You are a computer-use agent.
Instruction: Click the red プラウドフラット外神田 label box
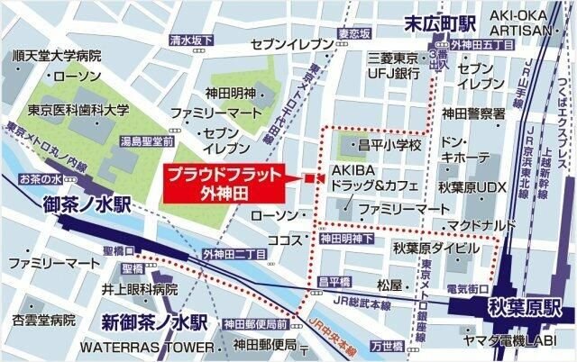[x=224, y=183]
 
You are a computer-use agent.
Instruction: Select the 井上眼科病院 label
[x=139, y=289]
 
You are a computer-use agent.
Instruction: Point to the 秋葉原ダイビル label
[x=435, y=246]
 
